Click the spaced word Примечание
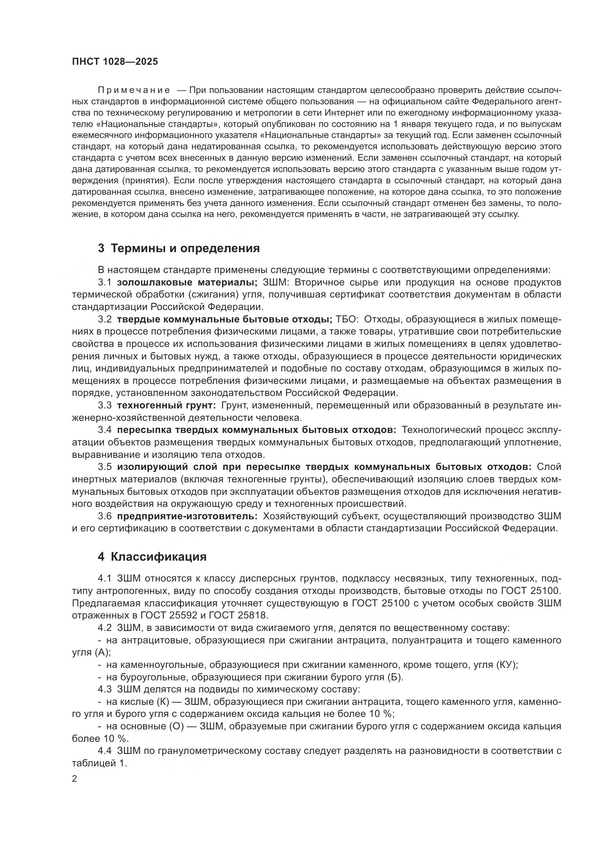tap(134, 90)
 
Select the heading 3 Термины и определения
tap(179, 248)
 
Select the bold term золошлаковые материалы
tap(187, 282)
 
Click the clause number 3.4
tap(105, 430)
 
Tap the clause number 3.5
tap(105, 467)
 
